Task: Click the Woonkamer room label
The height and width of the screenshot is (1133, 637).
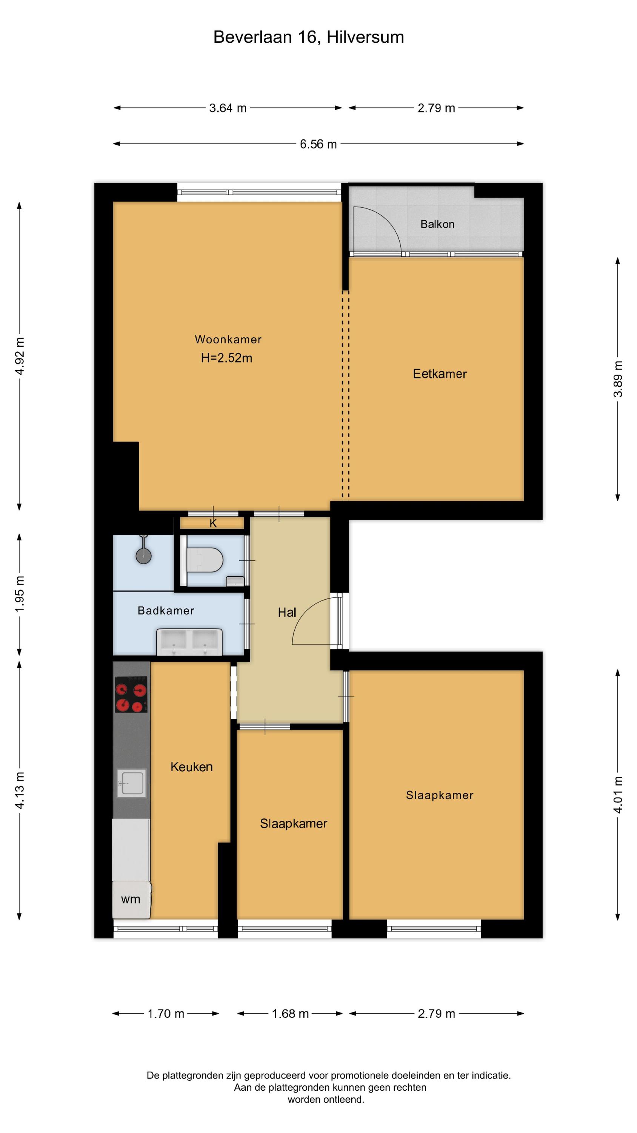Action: coord(228,339)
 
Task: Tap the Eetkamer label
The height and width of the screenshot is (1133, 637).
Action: coord(440,374)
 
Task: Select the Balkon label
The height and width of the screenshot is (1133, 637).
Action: coord(437,224)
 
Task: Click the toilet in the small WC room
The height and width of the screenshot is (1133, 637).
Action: coord(205,560)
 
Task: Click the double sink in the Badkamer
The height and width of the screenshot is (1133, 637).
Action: coord(189,642)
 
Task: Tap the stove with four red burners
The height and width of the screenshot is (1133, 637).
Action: coord(131,695)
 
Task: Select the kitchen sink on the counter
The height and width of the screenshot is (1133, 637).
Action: coord(131,783)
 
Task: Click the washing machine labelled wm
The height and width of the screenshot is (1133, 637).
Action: coord(131,900)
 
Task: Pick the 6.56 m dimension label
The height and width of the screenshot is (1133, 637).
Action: coord(318,144)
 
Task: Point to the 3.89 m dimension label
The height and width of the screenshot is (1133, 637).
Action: coord(618,379)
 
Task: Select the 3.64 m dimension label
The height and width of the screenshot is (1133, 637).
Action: coord(228,108)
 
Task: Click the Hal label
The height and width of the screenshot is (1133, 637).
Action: coord(287,612)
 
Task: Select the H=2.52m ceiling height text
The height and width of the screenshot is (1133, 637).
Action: coord(227,358)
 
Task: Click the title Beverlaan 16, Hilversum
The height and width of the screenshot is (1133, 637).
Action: coord(309,37)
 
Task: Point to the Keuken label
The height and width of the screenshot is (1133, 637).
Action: coord(192,767)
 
